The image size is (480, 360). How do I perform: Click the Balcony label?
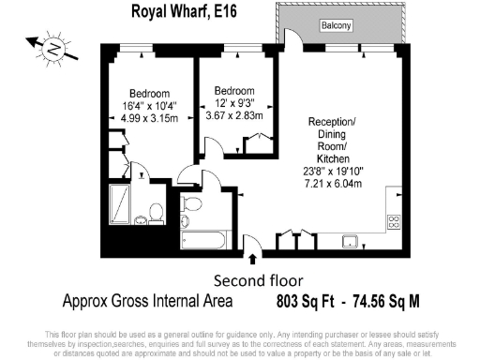click(335, 25)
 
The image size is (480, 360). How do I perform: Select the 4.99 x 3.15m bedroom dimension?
click(149, 117)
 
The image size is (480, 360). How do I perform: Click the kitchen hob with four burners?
click(394, 222)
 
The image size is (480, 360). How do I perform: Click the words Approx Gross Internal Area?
click(149, 302)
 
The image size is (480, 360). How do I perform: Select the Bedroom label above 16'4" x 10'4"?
click(149, 93)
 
